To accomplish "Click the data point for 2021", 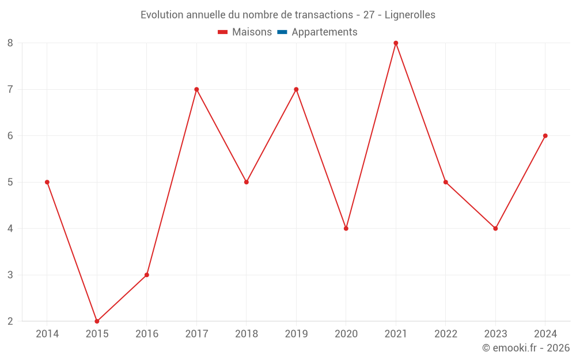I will pyautogui.click(x=396, y=43).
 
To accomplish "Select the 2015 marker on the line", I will pyautogui.click(x=97, y=321).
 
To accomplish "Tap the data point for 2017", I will pyautogui.click(x=196, y=89).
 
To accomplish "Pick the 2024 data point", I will pyautogui.click(x=545, y=136).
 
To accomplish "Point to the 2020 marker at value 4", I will pyautogui.click(x=346, y=229).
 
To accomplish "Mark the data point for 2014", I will pyautogui.click(x=47, y=182).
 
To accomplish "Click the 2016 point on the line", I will pyautogui.click(x=147, y=275).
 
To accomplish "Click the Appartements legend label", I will pyautogui.click(x=324, y=32).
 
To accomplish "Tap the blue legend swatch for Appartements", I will pyautogui.click(x=282, y=32).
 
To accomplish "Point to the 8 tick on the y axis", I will pyautogui.click(x=10, y=43).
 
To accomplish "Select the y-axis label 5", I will pyautogui.click(x=10, y=182).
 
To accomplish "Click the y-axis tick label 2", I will pyautogui.click(x=10, y=321).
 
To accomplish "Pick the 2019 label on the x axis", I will pyautogui.click(x=296, y=334).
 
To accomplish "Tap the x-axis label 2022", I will pyautogui.click(x=446, y=334).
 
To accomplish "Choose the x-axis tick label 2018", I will pyautogui.click(x=247, y=334).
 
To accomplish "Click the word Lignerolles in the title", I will pyautogui.click(x=410, y=14).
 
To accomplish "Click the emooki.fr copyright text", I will pyautogui.click(x=526, y=348).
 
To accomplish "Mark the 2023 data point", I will pyautogui.click(x=495, y=229).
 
